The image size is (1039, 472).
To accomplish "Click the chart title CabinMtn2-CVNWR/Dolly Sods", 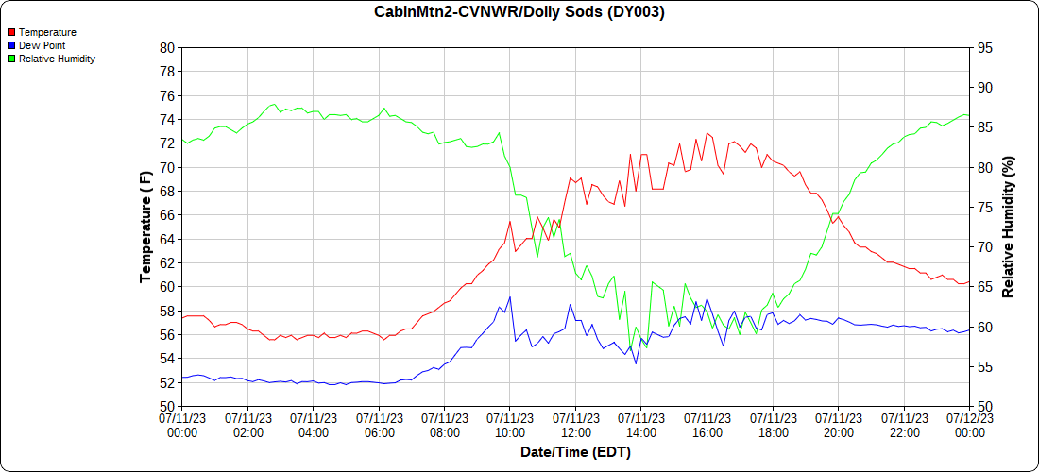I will point(519,12).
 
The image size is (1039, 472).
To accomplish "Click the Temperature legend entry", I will point(47,32).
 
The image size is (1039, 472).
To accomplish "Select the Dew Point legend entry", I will point(42,45).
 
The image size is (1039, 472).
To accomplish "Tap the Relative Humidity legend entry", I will point(57,59).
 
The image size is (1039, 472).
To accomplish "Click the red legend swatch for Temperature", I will point(11,32).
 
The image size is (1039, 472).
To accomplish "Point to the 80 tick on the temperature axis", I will point(167,47).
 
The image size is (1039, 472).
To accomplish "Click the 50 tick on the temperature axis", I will point(167,407).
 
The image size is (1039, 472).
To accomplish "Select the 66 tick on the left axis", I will point(167,215).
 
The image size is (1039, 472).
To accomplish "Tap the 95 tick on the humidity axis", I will point(984,47).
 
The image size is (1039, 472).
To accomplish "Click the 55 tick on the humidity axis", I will point(984,367).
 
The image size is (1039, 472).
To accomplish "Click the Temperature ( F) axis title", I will point(145,227).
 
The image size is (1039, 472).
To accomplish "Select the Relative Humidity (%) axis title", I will point(1008,227).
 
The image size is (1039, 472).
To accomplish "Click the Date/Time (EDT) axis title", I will point(575,452).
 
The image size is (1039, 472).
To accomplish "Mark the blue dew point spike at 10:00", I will point(510,297).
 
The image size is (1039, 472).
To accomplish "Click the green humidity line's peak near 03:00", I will point(274,104).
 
